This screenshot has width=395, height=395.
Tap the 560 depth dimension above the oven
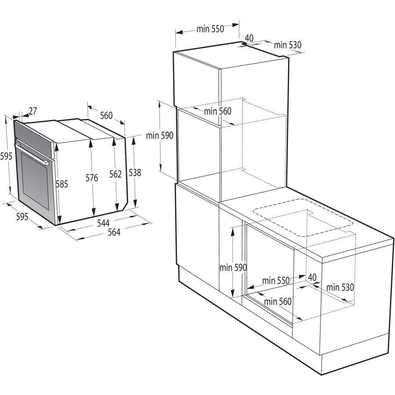pos(106,116)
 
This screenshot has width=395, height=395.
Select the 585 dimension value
pos(62,185)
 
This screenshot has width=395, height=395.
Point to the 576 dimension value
pos(92,178)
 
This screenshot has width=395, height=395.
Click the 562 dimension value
pos(115,174)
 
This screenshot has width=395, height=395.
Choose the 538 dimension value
pos(135,173)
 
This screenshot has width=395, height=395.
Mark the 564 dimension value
pos(114,232)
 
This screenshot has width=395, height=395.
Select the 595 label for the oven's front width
pos(22,217)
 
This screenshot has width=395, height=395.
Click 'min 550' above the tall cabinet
pos(210,29)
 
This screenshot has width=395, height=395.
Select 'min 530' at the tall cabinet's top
pos(288,44)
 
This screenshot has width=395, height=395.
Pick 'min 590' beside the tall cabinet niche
pos(160,136)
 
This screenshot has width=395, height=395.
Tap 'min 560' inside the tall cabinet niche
pos(217,111)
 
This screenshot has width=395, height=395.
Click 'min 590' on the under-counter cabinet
pos(233,267)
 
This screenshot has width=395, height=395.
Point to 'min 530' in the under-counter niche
pos(340,287)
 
